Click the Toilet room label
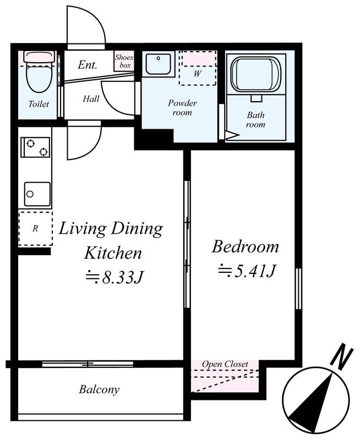tap(39, 104)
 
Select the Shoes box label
tap(124, 61)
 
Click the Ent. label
tap(88, 65)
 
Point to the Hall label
tap(91, 99)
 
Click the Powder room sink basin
tap(159, 64)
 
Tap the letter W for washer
tap(198, 74)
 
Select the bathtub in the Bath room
tap(255, 74)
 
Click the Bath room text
tap(255, 119)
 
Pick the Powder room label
tap(182, 107)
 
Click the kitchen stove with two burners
tap(35, 147)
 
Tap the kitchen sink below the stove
tap(37, 194)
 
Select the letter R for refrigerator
tap(35, 229)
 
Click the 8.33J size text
tap(115, 278)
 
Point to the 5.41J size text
tap(247, 271)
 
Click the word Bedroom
tap(246, 247)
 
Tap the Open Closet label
tap(225, 364)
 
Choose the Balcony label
tap(99, 389)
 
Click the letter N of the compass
tap(341, 355)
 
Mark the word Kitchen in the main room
tap(113, 253)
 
